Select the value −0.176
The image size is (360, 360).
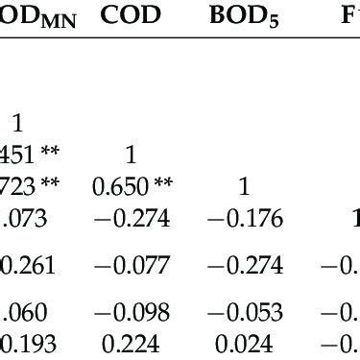(244, 220)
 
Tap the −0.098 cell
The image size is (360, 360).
(132, 311)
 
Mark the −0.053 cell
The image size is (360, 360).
(244, 311)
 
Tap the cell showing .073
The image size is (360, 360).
(23, 220)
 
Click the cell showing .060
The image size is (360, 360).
(23, 311)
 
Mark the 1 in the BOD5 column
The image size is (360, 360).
(243, 186)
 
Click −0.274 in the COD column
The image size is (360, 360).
(132, 220)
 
